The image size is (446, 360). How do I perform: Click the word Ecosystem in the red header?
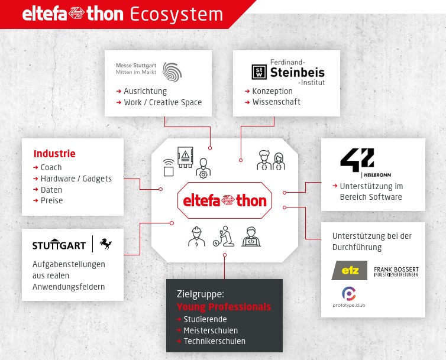[177, 15]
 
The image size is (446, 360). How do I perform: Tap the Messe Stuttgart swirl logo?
[172, 72]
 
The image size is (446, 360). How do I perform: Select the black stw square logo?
[259, 72]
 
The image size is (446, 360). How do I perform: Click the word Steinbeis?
[298, 73]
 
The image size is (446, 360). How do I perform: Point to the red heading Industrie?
[54, 154]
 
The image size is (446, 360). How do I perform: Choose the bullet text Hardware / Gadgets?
[76, 179]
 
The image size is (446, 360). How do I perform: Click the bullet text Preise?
[52, 200]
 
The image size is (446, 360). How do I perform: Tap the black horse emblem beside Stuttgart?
[105, 244]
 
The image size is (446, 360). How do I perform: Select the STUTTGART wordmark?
[59, 245]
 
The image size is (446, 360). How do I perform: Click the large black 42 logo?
[357, 160]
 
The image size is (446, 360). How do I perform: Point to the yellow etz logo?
[350, 270]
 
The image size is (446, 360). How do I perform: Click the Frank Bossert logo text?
[396, 271]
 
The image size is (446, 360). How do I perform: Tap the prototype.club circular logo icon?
[349, 294]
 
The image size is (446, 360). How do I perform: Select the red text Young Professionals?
[224, 307]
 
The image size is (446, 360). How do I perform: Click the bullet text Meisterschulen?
[211, 330]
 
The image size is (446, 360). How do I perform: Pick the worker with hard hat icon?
[196, 236]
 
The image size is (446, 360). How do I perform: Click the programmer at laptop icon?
[251, 236]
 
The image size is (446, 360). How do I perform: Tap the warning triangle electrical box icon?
[185, 157]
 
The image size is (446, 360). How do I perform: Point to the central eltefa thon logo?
[225, 200]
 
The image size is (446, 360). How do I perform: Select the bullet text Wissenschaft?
[276, 102]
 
